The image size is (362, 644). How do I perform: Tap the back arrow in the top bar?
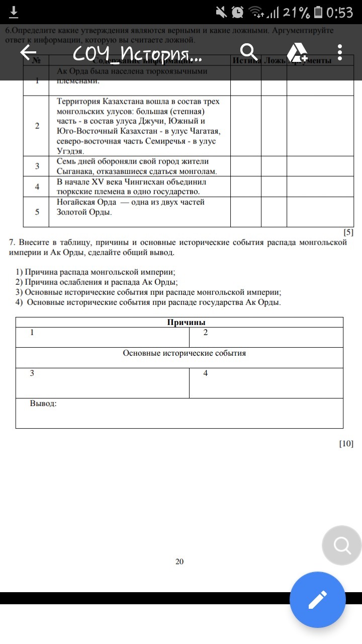coord(29,52)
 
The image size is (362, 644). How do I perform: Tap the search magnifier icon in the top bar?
coord(248,52)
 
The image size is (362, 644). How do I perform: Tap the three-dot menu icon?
coord(340,52)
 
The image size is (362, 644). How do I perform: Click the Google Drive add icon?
coord(297,52)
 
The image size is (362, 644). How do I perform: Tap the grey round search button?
coord(342,545)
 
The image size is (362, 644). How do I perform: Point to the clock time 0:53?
coord(340,12)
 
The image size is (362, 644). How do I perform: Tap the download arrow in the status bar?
coord(14,12)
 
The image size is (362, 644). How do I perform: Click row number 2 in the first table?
coord(37,126)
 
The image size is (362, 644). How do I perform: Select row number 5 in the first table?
coord(37,212)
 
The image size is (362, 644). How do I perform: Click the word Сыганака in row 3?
coord(72,172)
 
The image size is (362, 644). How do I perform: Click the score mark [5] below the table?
coord(348,232)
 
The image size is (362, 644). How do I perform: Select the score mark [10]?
coord(346,443)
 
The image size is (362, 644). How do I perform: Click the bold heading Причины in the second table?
coord(187,323)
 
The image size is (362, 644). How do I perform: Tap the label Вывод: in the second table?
coord(43,404)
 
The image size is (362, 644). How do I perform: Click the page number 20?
coord(179,561)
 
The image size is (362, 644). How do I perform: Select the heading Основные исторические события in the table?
coord(185,353)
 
